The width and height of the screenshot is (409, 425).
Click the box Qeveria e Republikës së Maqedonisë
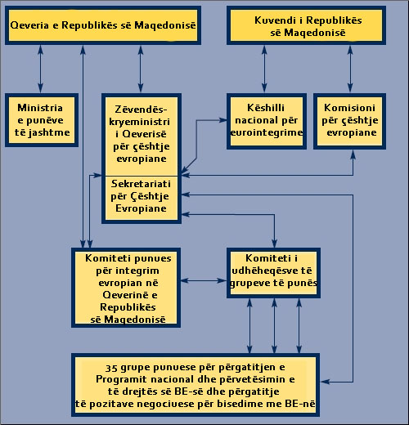103,25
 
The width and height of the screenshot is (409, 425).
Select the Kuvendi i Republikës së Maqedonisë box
306,25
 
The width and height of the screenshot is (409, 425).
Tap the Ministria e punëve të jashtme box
42,120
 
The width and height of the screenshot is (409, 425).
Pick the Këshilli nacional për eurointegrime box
267,121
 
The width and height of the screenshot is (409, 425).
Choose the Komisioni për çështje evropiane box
349,121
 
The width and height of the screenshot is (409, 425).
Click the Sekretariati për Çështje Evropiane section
142,199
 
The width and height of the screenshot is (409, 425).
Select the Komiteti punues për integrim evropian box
126,288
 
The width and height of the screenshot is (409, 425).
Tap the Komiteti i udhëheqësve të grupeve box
273,273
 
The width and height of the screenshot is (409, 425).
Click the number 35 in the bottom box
111,368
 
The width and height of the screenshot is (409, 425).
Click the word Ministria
40,108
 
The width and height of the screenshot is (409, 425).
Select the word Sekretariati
141,184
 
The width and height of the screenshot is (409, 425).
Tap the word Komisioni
349,108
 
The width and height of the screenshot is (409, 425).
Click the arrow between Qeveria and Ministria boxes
40,69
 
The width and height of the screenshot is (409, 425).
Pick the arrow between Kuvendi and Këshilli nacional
264,69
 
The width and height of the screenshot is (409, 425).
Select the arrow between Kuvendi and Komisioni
350,69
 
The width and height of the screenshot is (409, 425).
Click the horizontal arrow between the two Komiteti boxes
204,280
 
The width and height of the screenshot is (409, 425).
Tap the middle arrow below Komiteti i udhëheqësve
274,326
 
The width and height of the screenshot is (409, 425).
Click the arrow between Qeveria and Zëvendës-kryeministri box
141,69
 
